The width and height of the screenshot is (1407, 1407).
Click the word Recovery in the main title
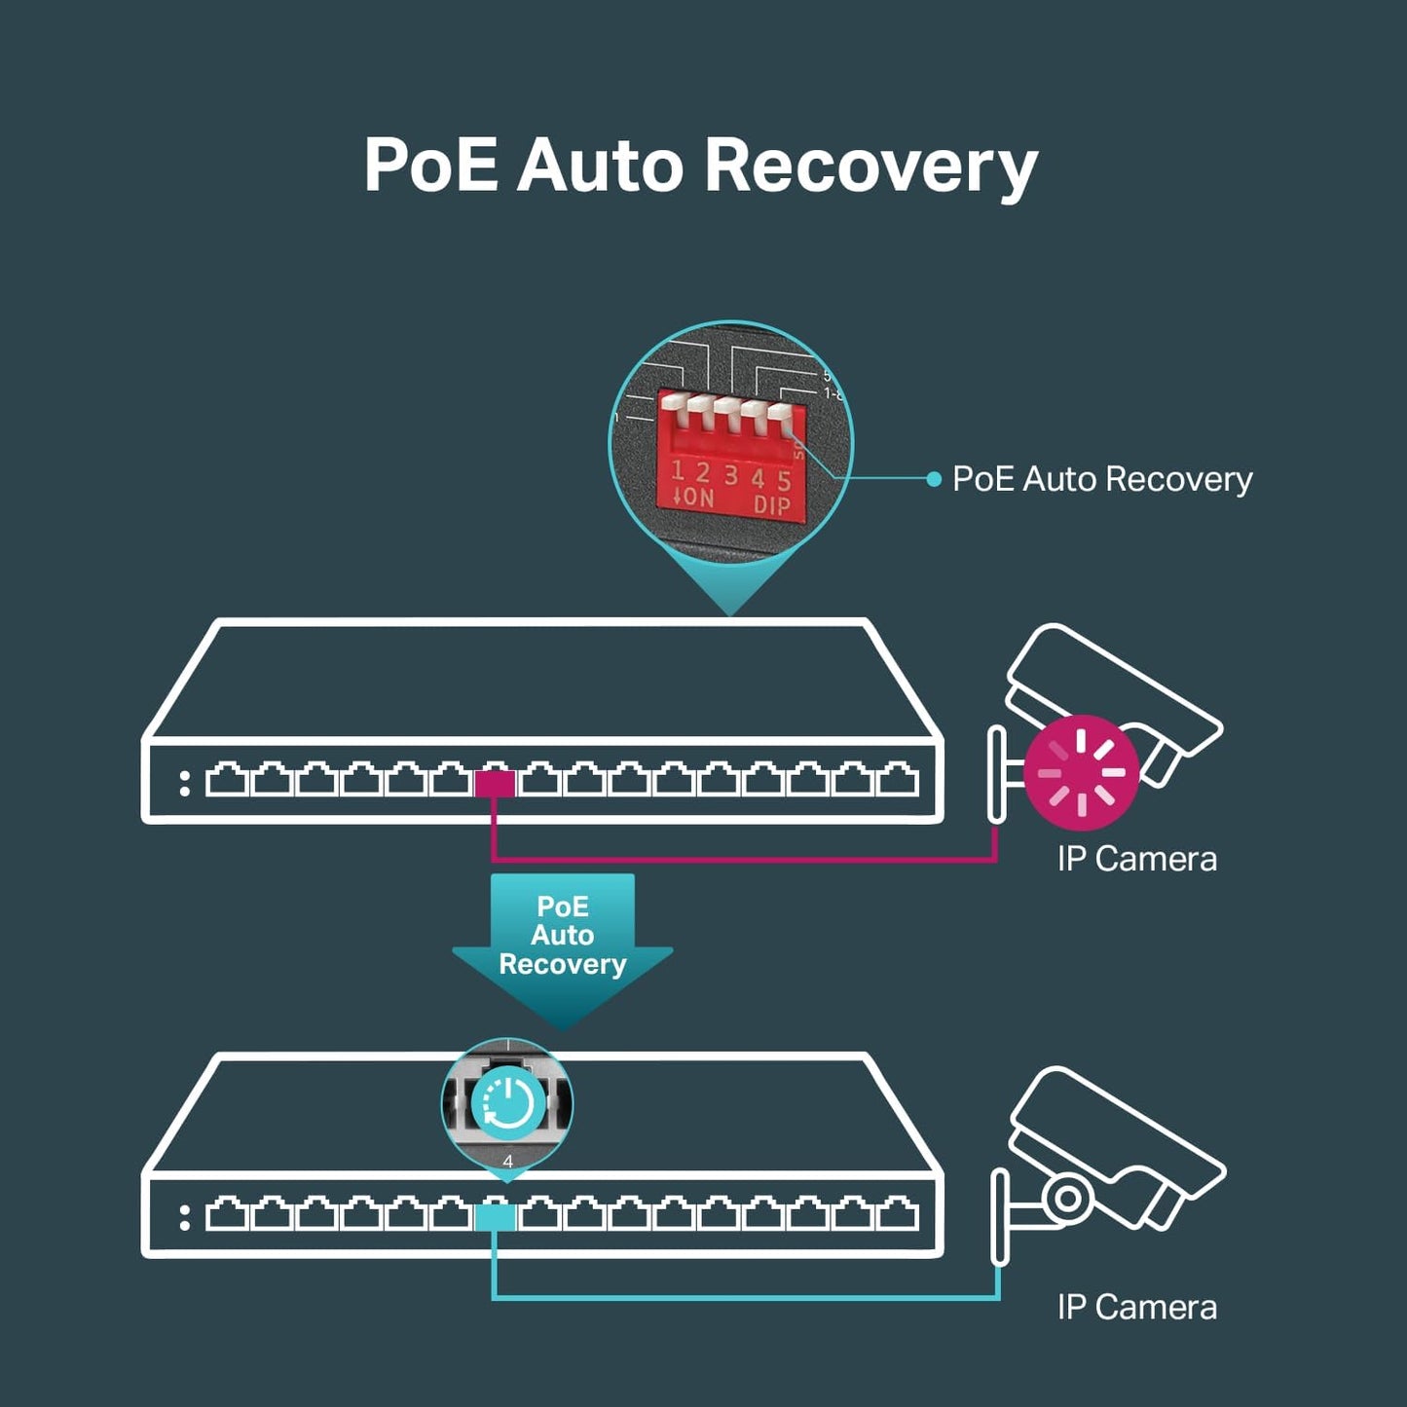[870, 166]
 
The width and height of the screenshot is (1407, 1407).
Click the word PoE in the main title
[429, 166]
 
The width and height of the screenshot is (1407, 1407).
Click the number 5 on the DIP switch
[784, 480]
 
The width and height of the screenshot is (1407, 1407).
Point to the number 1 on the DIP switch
[678, 472]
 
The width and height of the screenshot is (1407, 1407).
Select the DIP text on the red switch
[771, 504]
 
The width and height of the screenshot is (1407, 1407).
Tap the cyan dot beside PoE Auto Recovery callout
[934, 478]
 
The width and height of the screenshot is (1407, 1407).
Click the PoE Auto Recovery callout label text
[1102, 478]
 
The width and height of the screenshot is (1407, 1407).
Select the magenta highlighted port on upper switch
[495, 783]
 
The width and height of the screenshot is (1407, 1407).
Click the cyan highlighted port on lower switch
[495, 1216]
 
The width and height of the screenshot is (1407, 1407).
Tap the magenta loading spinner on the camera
[1081, 773]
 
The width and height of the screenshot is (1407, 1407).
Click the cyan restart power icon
[507, 1103]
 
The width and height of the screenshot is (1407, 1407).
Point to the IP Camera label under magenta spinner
[1136, 859]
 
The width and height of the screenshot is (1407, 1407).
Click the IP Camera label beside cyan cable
[1136, 1307]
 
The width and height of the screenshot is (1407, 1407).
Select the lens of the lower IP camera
[1068, 1198]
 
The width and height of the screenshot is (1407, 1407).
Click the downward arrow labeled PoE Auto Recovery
[562, 945]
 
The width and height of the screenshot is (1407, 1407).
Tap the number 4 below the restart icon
[507, 1162]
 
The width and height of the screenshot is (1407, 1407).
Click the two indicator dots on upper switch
[185, 784]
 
